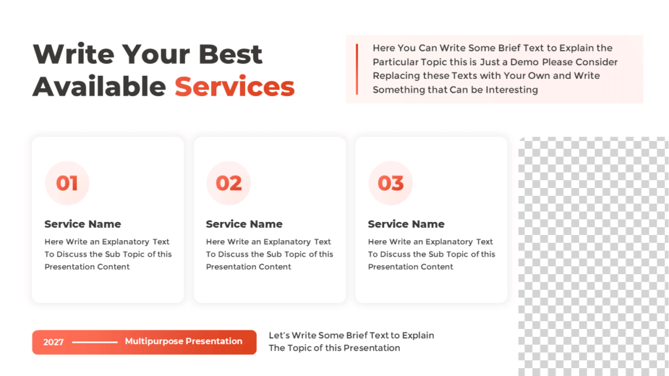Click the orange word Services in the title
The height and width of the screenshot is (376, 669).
[x=235, y=86]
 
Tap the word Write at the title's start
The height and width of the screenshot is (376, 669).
[x=73, y=54]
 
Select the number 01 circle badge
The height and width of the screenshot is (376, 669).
[x=67, y=183]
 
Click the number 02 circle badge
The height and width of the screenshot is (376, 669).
[x=229, y=183]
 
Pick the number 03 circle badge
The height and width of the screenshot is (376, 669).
[x=391, y=183]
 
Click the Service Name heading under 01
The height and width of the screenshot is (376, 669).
[x=82, y=224]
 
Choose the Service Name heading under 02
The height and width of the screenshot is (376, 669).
[x=244, y=224]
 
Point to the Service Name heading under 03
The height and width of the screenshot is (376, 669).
[x=406, y=224]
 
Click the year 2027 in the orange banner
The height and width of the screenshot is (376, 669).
[x=54, y=342]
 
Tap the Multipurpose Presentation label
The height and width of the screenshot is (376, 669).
[x=184, y=341]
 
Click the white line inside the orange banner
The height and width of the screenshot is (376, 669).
[x=95, y=342]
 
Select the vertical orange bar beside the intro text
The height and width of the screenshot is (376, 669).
[x=357, y=69]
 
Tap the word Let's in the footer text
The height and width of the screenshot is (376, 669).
[x=279, y=336]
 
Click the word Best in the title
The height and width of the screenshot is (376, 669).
[x=231, y=54]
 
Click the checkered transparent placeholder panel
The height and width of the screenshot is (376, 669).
[x=593, y=255]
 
